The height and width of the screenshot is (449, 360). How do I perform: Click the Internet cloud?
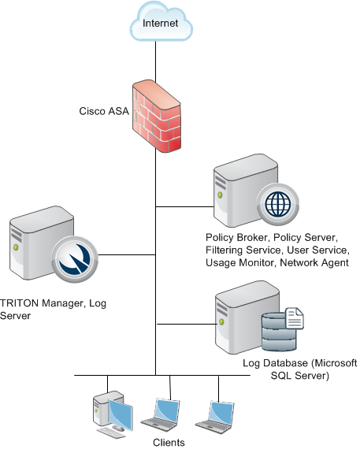tap(161, 22)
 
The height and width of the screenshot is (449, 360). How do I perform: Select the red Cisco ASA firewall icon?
tap(157, 116)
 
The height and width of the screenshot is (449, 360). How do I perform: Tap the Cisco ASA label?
tap(104, 111)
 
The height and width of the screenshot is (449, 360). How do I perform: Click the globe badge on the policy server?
tap(278, 205)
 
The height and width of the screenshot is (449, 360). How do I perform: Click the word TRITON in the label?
tap(20, 303)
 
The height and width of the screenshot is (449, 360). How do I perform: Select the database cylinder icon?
tap(279, 332)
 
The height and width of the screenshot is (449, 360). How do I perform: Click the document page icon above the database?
tap(295, 318)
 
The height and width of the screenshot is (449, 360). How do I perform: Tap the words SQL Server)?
tap(299, 376)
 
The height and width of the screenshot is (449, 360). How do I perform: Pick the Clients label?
tap(169, 443)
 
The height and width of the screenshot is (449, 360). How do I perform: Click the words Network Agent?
tap(314, 262)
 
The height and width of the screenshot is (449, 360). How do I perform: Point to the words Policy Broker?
tap(237, 237)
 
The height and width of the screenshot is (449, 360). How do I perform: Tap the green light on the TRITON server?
tap(16, 247)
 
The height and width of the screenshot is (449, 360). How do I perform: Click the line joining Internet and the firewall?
tap(156, 61)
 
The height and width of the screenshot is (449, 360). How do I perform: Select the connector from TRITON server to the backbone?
tap(127, 254)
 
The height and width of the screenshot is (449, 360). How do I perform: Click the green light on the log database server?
tap(221, 321)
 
